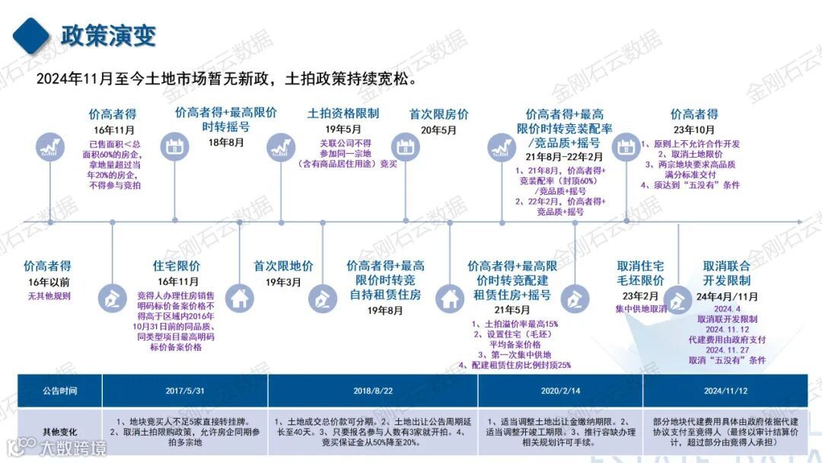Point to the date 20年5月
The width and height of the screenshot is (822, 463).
[439, 129]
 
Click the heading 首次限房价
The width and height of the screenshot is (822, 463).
[439, 113]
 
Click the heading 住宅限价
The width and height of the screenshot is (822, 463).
[177, 266]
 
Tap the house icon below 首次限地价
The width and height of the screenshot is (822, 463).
[241, 299]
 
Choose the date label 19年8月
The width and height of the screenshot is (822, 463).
[385, 311]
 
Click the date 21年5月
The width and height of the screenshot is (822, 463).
[511, 311]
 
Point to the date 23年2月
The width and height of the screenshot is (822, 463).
[640, 296]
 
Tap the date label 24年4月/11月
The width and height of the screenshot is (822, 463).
[726, 296]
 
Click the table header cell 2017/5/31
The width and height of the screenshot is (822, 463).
[184, 391]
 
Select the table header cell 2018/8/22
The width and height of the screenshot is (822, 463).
[373, 391]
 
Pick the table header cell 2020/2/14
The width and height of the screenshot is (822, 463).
[560, 391]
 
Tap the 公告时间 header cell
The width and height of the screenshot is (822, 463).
[60, 391]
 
